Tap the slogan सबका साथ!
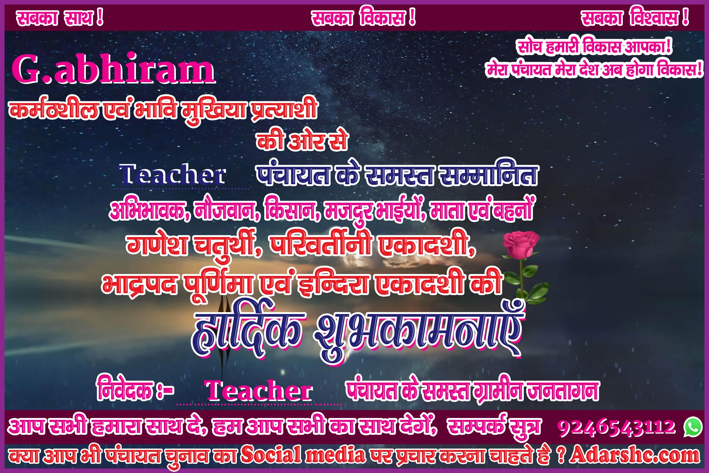pos(60,18)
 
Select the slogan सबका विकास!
pos(364,18)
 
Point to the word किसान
pos(292,209)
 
